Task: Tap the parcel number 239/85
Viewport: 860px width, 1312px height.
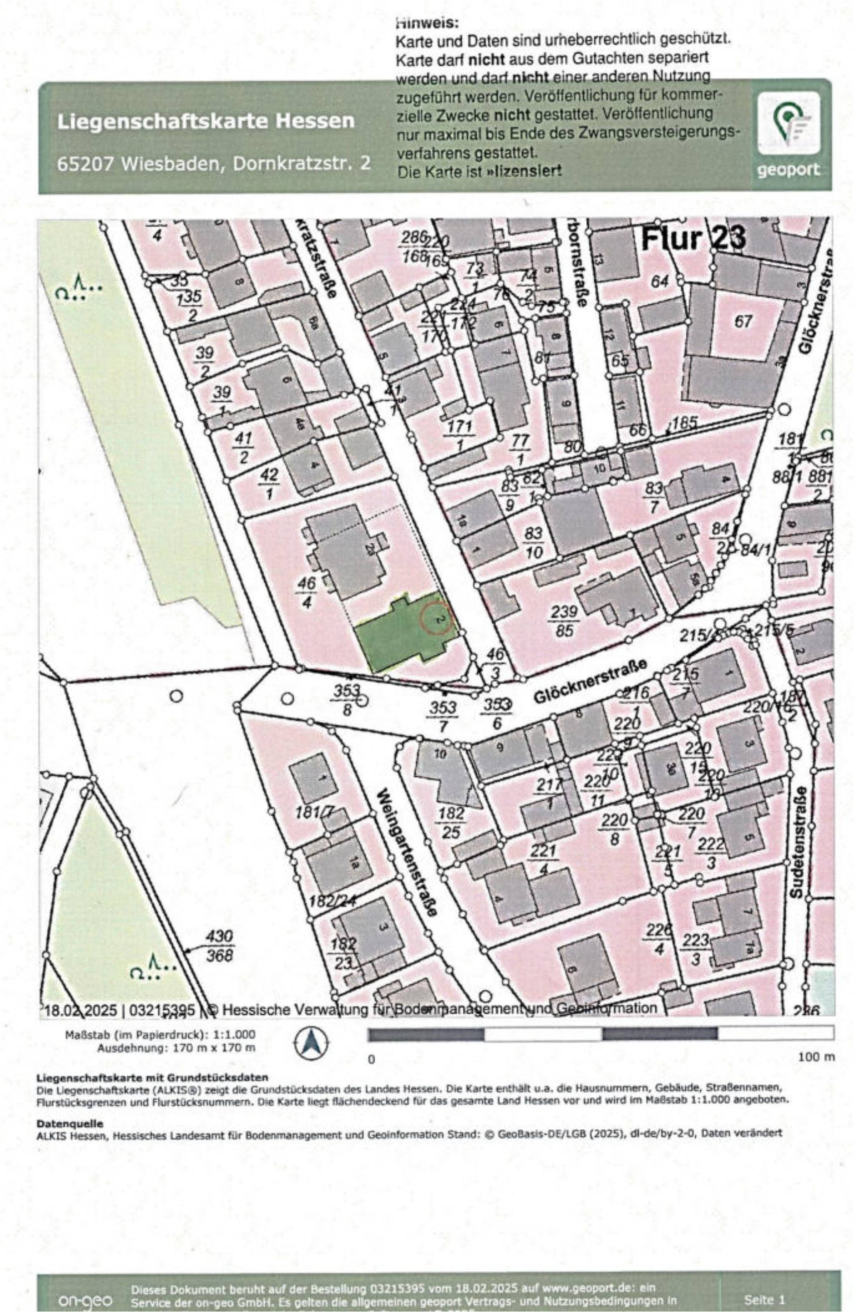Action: (x=564, y=621)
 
